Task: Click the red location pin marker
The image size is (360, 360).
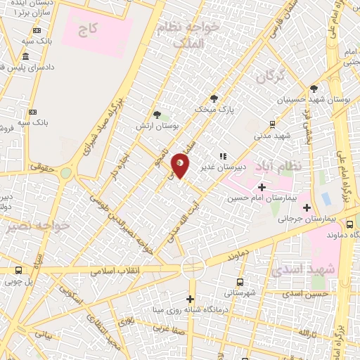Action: click(x=181, y=165)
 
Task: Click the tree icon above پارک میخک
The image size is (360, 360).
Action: click(x=214, y=98)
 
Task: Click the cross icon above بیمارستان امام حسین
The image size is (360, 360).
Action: click(x=262, y=187)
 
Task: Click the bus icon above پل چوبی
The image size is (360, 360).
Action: click(x=18, y=271)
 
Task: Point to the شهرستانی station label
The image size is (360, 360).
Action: click(x=241, y=292)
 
